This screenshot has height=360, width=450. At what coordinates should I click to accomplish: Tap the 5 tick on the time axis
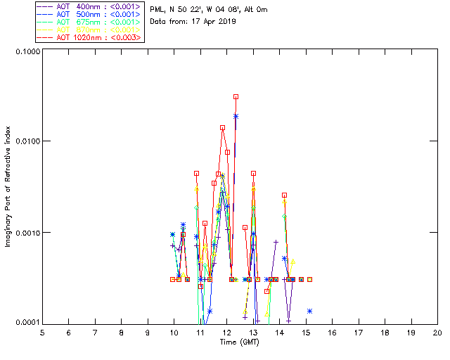coord(42,332)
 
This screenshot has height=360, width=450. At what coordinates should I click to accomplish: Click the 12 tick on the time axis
coord(226,332)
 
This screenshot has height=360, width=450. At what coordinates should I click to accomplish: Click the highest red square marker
coord(236,96)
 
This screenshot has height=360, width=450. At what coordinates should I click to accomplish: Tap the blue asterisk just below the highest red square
coord(236,116)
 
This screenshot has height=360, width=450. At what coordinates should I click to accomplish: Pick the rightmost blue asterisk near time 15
coord(309,311)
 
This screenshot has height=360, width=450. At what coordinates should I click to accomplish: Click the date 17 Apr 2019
coord(212,22)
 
